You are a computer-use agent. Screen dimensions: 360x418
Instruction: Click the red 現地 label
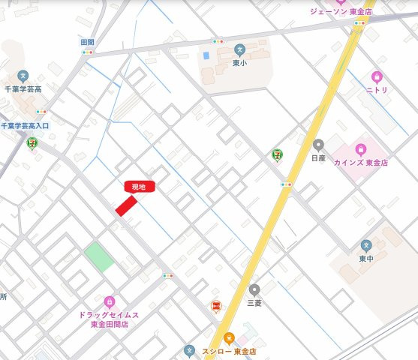point(140,187)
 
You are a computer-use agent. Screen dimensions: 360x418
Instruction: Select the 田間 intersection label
point(88,42)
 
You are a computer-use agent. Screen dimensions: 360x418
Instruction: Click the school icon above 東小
point(239,49)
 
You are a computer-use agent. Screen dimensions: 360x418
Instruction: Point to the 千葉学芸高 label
point(23,88)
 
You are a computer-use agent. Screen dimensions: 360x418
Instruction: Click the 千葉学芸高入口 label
point(25,126)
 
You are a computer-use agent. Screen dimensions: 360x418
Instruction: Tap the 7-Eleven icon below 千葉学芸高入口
point(32,142)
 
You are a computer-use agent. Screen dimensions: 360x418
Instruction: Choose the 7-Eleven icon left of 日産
point(277,154)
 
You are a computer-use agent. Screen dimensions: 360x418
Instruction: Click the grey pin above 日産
point(318,145)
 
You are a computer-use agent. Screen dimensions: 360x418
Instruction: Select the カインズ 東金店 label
point(361,162)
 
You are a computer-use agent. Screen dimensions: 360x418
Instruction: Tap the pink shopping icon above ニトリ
point(377,76)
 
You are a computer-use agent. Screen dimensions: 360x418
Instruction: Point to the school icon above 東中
point(366,245)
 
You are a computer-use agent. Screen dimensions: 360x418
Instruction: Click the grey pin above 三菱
point(254,289)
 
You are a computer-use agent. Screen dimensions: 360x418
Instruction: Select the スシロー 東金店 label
point(229,351)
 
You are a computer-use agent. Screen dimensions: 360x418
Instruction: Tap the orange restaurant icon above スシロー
point(229,338)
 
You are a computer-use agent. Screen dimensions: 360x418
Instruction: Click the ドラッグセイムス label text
point(109,315)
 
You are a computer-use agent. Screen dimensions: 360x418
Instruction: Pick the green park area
point(99,256)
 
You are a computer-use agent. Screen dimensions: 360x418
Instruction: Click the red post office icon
point(216,306)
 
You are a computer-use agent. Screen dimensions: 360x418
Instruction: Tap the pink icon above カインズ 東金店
point(361,149)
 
